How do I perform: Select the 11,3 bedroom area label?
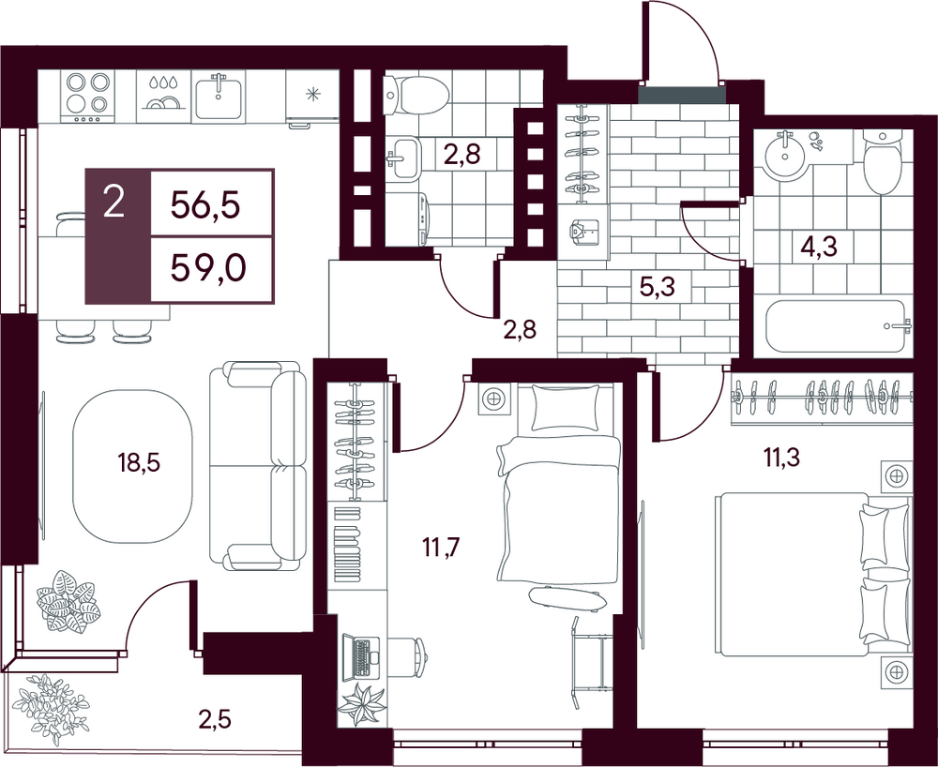click(780, 458)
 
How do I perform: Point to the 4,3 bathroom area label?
click(818, 246)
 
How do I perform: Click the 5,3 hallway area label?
click(658, 287)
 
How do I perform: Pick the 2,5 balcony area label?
click(215, 718)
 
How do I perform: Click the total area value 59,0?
click(208, 270)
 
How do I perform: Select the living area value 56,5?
click(205, 205)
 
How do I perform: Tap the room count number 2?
click(113, 201)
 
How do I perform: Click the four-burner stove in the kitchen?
click(88, 97)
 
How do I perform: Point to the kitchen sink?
click(219, 97)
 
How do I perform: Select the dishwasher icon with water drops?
click(163, 96)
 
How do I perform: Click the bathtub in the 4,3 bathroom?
click(836, 326)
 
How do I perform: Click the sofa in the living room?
click(257, 465)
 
